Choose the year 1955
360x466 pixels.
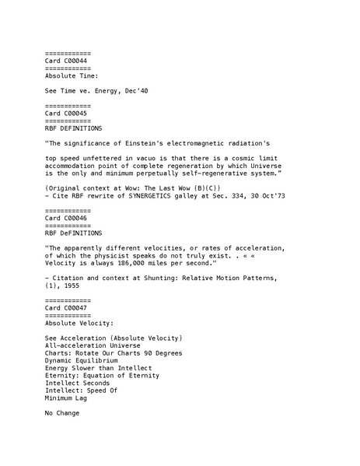(72, 286)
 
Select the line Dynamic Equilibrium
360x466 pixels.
(82, 361)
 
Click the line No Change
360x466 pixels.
(62, 413)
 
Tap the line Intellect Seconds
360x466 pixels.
(78, 383)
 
